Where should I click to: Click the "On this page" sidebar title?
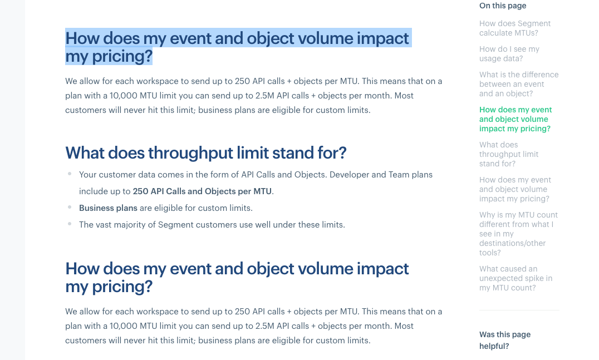(x=503, y=6)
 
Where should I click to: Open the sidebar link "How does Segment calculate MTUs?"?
(x=515, y=28)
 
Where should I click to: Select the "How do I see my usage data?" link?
(x=509, y=54)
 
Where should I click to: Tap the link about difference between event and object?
(x=519, y=84)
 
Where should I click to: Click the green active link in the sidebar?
(x=515, y=119)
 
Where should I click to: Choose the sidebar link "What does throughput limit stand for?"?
(x=509, y=154)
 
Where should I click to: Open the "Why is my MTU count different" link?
(x=518, y=234)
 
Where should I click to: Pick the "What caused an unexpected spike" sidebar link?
(x=515, y=278)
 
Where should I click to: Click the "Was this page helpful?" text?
(x=505, y=340)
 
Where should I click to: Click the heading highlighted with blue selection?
(x=237, y=47)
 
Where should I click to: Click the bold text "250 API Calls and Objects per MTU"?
(x=202, y=191)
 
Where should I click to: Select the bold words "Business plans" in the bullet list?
(x=108, y=208)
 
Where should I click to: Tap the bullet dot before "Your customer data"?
(x=70, y=174)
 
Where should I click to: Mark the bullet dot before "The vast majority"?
(x=70, y=224)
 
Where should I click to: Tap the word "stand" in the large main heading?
(x=293, y=152)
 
